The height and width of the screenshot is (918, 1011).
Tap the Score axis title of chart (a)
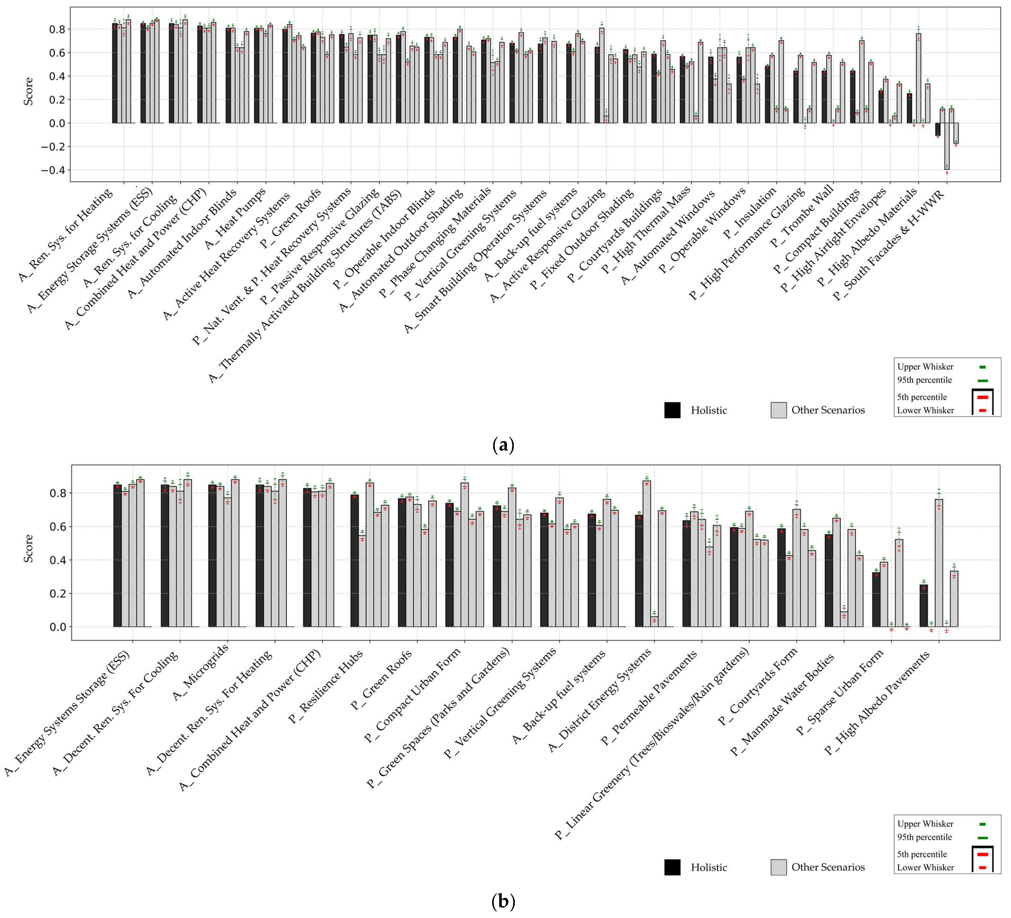tap(29, 91)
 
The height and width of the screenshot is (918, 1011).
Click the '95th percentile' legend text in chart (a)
tap(924, 380)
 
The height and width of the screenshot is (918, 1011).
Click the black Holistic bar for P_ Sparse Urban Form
tap(876, 600)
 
